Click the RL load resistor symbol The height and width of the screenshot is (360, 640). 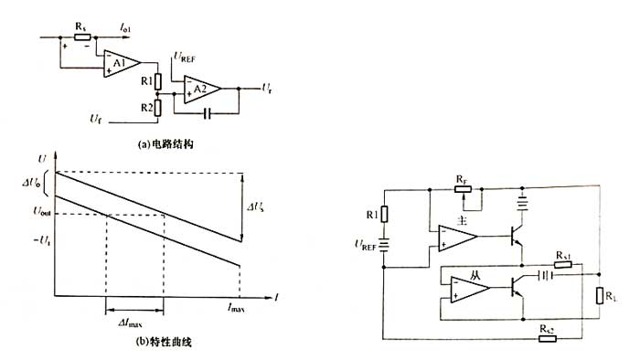click(600, 296)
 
